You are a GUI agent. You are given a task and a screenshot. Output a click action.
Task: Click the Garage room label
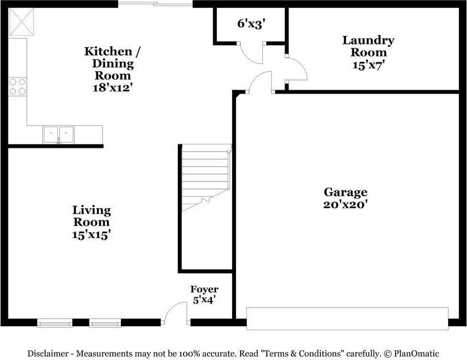(346, 192)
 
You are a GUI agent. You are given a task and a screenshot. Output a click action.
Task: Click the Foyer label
(204, 290)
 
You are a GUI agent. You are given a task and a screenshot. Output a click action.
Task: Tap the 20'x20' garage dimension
(346, 204)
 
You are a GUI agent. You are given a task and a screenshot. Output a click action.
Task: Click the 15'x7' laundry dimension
(368, 65)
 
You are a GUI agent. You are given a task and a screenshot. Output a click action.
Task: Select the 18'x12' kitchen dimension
(112, 88)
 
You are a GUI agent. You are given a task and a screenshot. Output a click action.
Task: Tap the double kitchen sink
(59, 135)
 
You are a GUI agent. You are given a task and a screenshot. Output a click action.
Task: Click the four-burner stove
(18, 86)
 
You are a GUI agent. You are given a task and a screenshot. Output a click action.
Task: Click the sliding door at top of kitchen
(155, 4)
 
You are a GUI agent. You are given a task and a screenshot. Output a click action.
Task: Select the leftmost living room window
(55, 323)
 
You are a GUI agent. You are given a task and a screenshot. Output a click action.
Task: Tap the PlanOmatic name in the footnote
(416, 354)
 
